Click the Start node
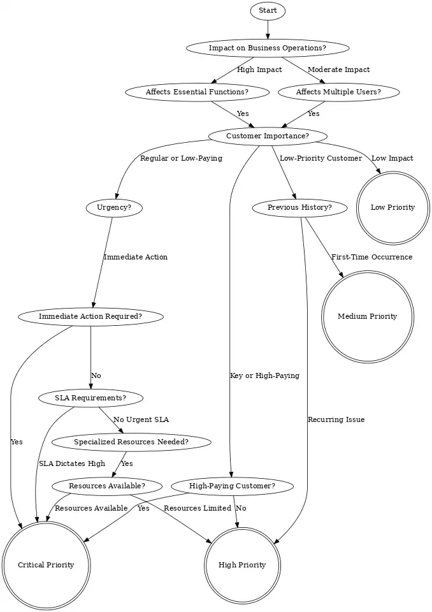[x=268, y=11]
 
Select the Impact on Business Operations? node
[x=268, y=48]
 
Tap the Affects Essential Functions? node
[x=197, y=92]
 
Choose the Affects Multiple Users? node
[x=339, y=92]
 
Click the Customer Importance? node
[x=268, y=136]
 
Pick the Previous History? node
[x=299, y=207]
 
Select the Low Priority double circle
[x=392, y=207]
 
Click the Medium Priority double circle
[x=367, y=316]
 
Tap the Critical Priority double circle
[x=46, y=565]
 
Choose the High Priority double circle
[x=242, y=565]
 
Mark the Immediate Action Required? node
[x=90, y=316]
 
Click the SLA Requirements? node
[x=90, y=398]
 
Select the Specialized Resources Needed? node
[x=131, y=442]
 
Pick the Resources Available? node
[x=107, y=486]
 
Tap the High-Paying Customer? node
[x=232, y=486]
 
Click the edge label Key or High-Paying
[x=264, y=376]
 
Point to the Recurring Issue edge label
[x=336, y=420]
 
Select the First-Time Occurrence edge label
[x=371, y=258]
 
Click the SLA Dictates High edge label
[x=72, y=464]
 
